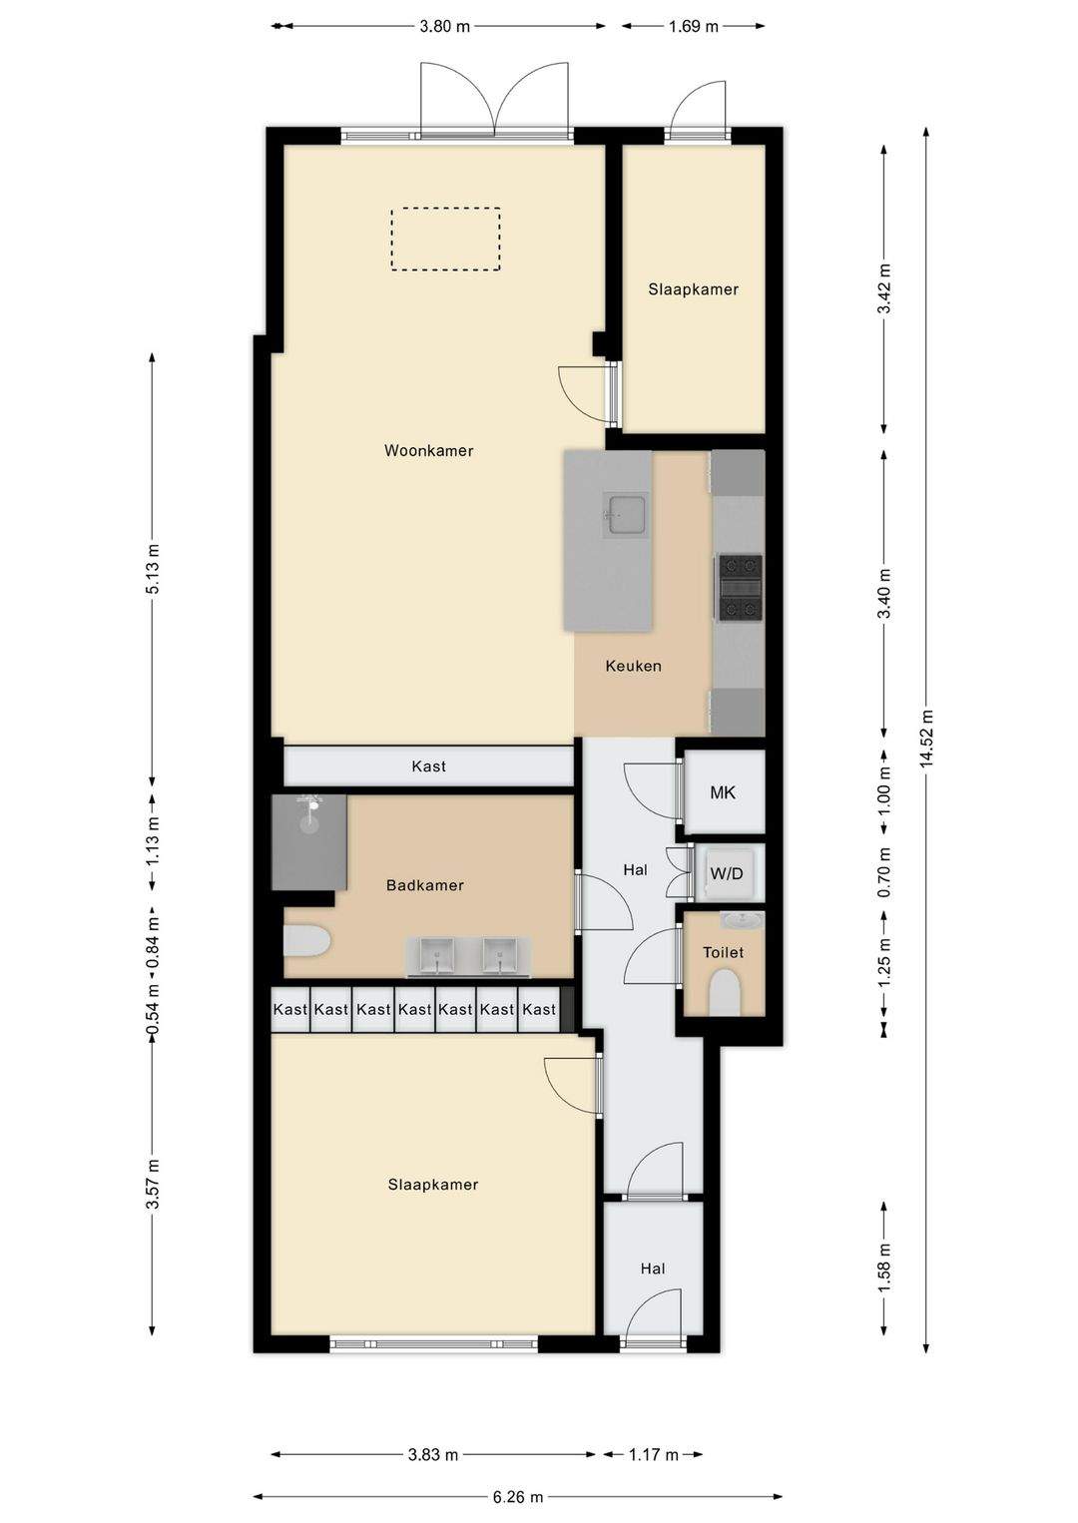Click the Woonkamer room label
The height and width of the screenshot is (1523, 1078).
click(428, 450)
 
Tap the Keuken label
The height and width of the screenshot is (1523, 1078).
click(633, 666)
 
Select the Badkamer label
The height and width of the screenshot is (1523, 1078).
click(425, 885)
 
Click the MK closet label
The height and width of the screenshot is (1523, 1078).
click(723, 792)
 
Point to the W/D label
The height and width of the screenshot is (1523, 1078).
click(727, 873)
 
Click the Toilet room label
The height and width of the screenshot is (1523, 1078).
click(723, 952)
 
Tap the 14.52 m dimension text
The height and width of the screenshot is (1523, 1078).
click(927, 738)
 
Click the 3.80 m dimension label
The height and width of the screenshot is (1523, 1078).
click(444, 27)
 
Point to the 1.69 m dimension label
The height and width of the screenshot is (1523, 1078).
click(693, 27)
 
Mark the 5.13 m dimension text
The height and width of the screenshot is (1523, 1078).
click(153, 569)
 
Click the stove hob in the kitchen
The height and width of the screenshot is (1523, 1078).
click(740, 588)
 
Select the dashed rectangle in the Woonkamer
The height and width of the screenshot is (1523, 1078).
click(445, 240)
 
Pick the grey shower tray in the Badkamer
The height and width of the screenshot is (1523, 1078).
click(309, 841)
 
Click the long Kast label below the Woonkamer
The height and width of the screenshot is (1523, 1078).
click(428, 766)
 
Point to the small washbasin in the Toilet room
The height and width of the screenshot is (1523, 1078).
click(742, 920)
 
